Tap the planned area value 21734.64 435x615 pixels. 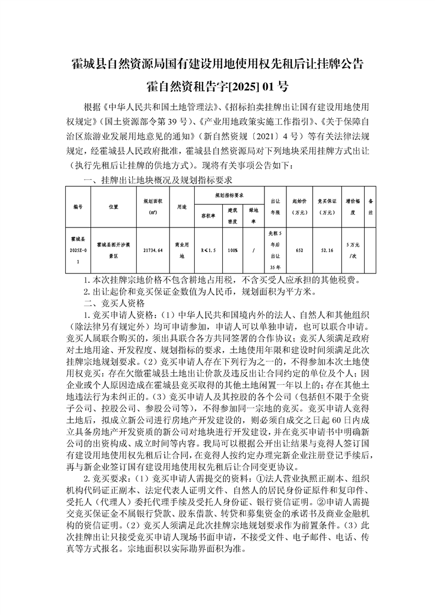153,250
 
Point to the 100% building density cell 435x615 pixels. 233,250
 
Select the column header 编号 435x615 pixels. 77,208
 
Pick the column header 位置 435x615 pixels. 114,208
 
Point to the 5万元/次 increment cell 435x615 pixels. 353,250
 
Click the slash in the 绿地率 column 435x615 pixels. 253,250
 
